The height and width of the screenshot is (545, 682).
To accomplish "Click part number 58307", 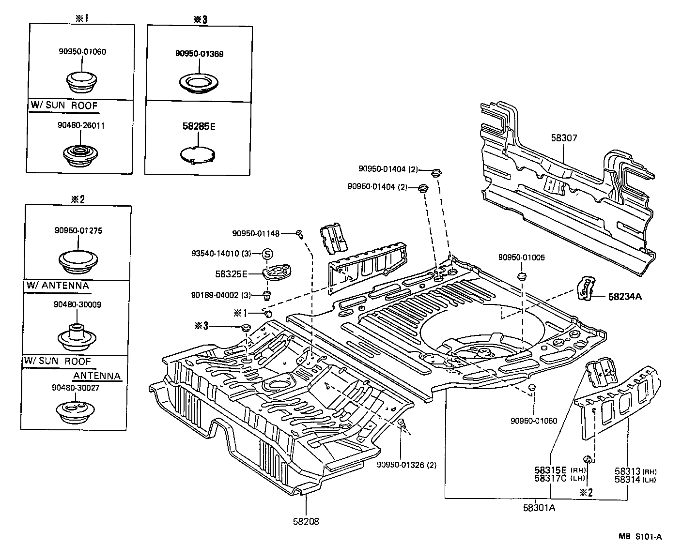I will click(564, 138).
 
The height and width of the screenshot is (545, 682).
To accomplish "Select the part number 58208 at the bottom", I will click(306, 522).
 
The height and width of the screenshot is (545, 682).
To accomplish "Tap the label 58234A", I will click(625, 297).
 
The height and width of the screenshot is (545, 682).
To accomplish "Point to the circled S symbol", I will click(268, 254).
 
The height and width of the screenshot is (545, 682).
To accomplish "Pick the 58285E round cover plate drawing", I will click(197, 154).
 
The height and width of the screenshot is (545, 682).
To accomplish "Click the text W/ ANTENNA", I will click(57, 286).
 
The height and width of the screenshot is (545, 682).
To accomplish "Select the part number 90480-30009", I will click(78, 304).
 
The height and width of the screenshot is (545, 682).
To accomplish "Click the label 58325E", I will click(232, 274).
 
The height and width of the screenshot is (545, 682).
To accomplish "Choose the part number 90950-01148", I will click(256, 233).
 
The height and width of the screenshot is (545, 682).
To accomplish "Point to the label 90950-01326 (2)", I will click(406, 465).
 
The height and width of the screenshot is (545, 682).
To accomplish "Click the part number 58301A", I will click(539, 508).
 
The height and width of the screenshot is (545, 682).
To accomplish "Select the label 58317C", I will click(550, 479).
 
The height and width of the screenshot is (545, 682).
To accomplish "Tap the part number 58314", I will click(627, 479).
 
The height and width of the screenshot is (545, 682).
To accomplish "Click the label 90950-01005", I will click(522, 257).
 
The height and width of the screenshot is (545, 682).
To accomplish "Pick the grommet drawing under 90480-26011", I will click(78, 155).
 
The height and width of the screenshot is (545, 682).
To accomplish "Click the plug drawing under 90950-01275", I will click(78, 262).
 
